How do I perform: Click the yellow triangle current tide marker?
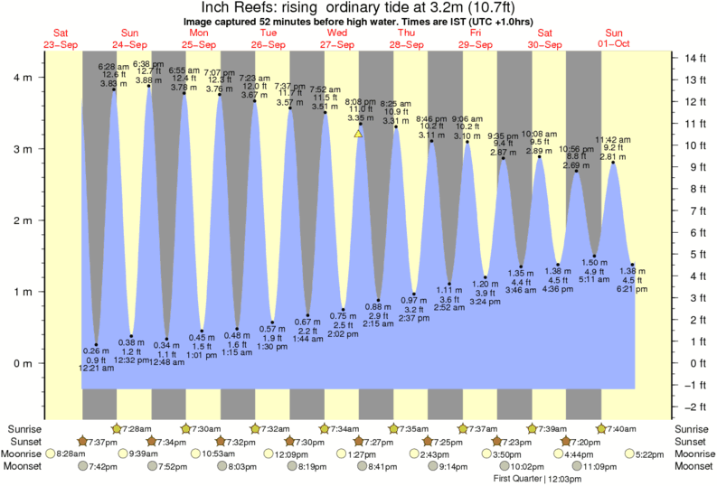[358, 134]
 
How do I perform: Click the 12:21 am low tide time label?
[96, 369]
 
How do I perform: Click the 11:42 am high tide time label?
[612, 139]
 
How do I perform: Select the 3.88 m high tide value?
[148, 80]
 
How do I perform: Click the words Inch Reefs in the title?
[221, 8]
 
